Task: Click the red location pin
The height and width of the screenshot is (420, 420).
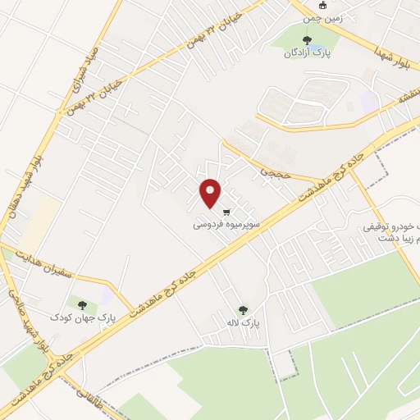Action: [211, 193]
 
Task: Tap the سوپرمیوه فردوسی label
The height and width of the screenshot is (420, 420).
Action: [227, 223]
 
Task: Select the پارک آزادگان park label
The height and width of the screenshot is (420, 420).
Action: [305, 52]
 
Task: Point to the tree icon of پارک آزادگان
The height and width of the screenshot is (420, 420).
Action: [307, 39]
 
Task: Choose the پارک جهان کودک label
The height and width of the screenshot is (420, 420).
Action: [83, 316]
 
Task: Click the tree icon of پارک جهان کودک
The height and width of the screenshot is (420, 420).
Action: [82, 304]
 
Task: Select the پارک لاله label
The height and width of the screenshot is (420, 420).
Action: [244, 323]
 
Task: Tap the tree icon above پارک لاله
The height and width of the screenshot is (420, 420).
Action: [243, 311]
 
